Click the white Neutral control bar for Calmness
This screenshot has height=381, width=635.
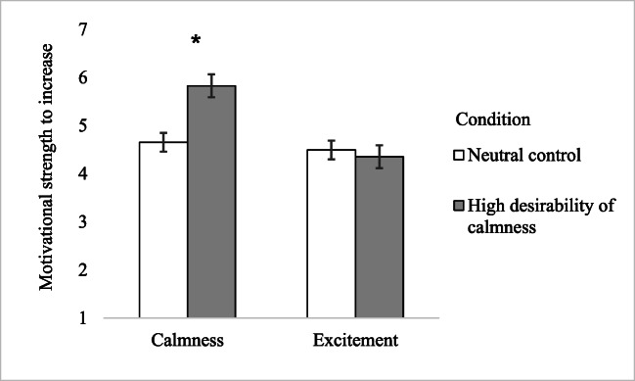(163, 230)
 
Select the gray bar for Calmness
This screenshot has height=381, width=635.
(211, 202)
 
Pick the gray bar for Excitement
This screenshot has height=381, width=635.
(379, 237)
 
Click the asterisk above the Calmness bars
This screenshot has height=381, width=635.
(197, 41)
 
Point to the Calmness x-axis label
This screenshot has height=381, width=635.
(187, 341)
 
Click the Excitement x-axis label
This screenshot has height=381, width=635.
(354, 341)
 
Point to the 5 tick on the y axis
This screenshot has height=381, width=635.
(83, 125)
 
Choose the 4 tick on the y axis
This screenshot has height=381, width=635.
(83, 173)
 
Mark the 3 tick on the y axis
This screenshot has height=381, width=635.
(83, 221)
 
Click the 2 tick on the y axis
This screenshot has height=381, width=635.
(83, 269)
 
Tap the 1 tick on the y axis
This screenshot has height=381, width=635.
(83, 317)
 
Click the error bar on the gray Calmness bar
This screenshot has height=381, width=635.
(211, 85)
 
